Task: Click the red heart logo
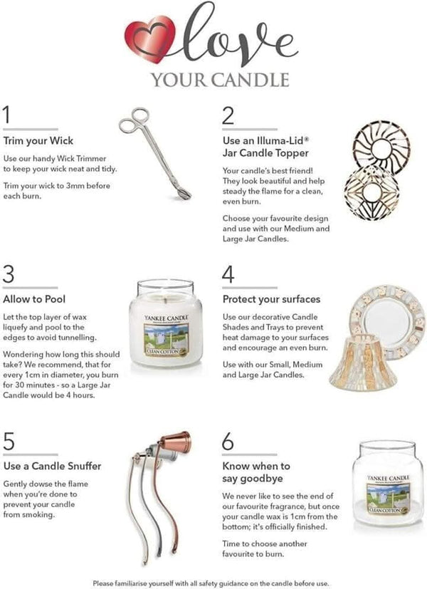[149, 39]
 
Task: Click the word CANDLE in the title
[250, 80]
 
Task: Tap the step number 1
[6, 115]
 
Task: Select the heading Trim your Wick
[38, 141]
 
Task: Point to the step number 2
[228, 115]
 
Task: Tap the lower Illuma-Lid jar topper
[371, 192]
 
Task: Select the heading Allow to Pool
[34, 299]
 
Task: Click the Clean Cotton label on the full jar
[166, 337]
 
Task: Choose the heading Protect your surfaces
[271, 299]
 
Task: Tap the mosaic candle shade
[362, 362]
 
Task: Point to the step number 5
[9, 441]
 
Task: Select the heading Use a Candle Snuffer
[52, 466]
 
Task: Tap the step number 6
[228, 441]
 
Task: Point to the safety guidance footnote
[211, 583]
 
